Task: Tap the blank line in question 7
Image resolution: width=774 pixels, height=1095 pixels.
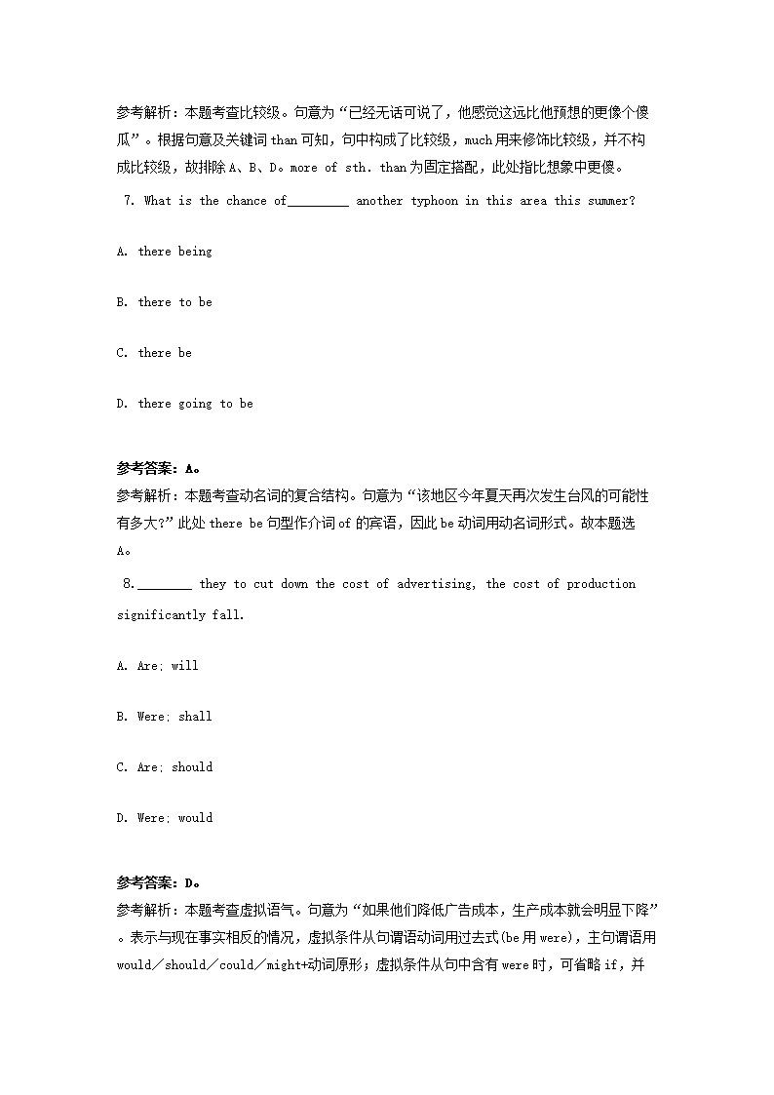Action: (319, 202)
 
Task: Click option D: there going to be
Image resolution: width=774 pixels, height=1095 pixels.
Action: (184, 404)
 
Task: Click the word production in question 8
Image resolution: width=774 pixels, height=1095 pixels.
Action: (601, 584)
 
